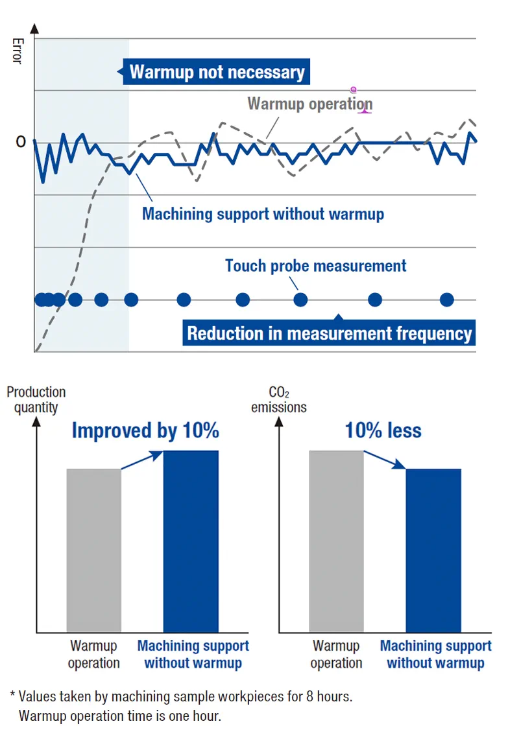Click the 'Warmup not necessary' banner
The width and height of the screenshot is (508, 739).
(x=217, y=71)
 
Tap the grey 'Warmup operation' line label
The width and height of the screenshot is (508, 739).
(x=309, y=104)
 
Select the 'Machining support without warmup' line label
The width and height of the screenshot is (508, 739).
(x=263, y=214)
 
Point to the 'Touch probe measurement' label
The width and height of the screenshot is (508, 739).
(x=315, y=266)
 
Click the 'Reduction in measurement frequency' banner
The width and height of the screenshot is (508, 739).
(x=329, y=333)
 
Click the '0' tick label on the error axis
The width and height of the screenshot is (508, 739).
(x=21, y=142)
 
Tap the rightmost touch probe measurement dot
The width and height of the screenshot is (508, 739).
(x=446, y=299)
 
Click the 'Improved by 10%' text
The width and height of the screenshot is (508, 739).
(x=145, y=430)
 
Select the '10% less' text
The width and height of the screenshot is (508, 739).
(x=383, y=430)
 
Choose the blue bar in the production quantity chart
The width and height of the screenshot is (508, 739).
(x=191, y=541)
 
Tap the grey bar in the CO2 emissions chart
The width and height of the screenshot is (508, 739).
(x=336, y=541)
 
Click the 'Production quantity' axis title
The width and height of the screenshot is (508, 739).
(x=36, y=399)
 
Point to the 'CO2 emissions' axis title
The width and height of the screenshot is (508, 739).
(x=279, y=399)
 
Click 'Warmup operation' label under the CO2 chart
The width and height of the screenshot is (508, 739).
(x=336, y=654)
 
